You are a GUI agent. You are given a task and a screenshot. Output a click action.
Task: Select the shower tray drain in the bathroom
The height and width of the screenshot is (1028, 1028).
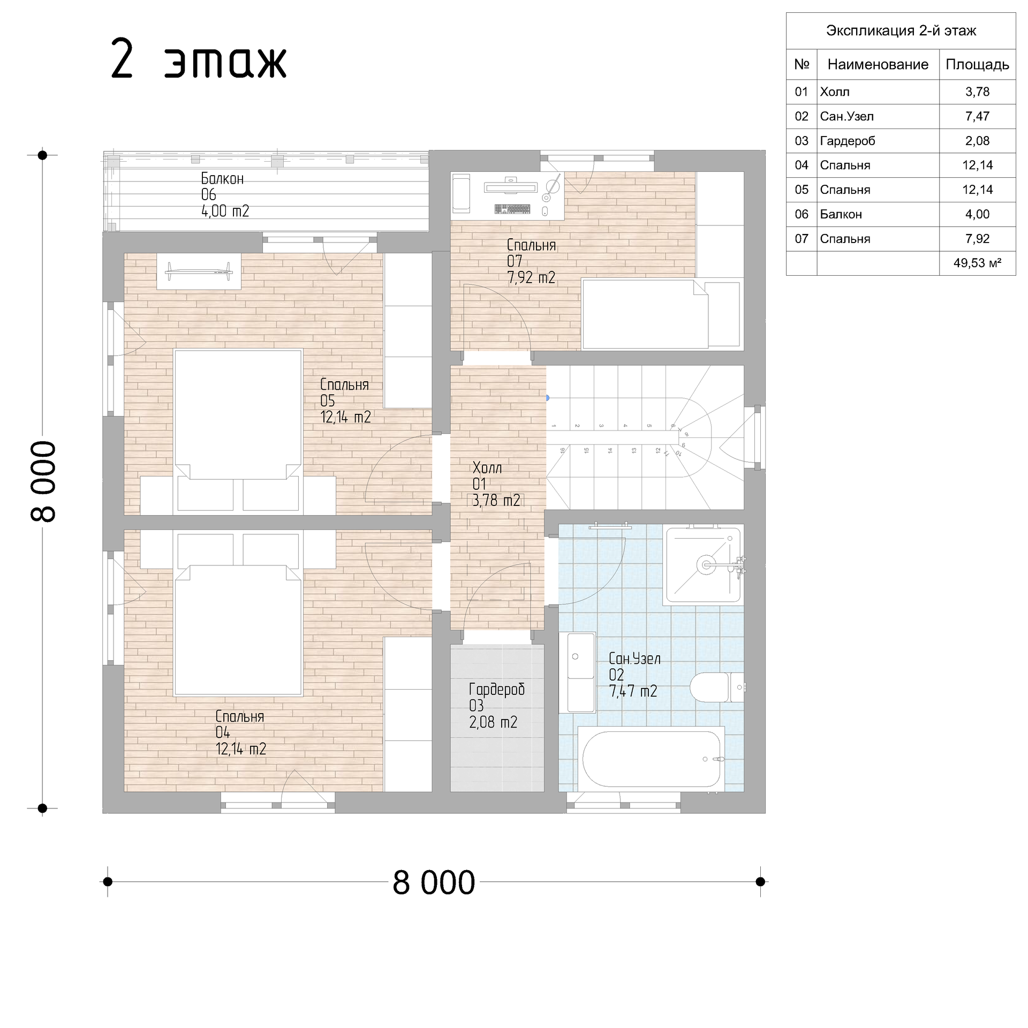tap(706, 564)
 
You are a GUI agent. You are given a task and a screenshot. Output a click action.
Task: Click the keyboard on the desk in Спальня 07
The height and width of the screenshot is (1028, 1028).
tap(512, 209)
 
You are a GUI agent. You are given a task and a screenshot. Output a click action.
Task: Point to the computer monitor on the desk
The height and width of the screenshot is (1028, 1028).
tap(510, 186)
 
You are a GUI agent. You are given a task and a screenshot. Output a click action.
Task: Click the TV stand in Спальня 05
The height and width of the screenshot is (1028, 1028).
tap(199, 271)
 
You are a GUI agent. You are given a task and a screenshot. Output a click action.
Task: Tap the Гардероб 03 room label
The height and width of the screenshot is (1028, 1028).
tap(496, 705)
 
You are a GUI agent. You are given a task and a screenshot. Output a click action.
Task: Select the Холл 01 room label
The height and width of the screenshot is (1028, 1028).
tap(496, 484)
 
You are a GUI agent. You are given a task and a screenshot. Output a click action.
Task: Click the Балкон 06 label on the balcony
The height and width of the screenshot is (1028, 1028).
tap(225, 195)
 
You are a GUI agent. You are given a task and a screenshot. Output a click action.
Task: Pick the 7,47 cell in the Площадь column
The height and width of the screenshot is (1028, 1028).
tap(977, 116)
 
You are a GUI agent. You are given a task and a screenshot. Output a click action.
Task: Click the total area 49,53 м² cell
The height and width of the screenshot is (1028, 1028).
tap(977, 263)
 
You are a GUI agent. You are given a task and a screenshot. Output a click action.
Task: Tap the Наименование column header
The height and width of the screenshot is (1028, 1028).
tap(878, 65)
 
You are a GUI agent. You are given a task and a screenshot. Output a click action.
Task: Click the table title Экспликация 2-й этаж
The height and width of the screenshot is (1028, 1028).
tap(901, 31)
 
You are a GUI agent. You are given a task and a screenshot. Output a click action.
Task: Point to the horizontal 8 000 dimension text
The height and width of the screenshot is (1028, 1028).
tap(434, 883)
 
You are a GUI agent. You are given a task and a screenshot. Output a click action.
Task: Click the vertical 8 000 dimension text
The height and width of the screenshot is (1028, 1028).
tap(43, 481)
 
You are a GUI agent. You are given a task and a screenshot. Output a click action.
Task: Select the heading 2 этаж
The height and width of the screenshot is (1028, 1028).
tap(199, 60)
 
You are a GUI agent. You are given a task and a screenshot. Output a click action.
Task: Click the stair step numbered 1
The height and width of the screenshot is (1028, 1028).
tap(554, 426)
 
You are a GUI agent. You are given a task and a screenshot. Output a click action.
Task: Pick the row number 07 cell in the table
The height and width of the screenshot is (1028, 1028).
tap(802, 239)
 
